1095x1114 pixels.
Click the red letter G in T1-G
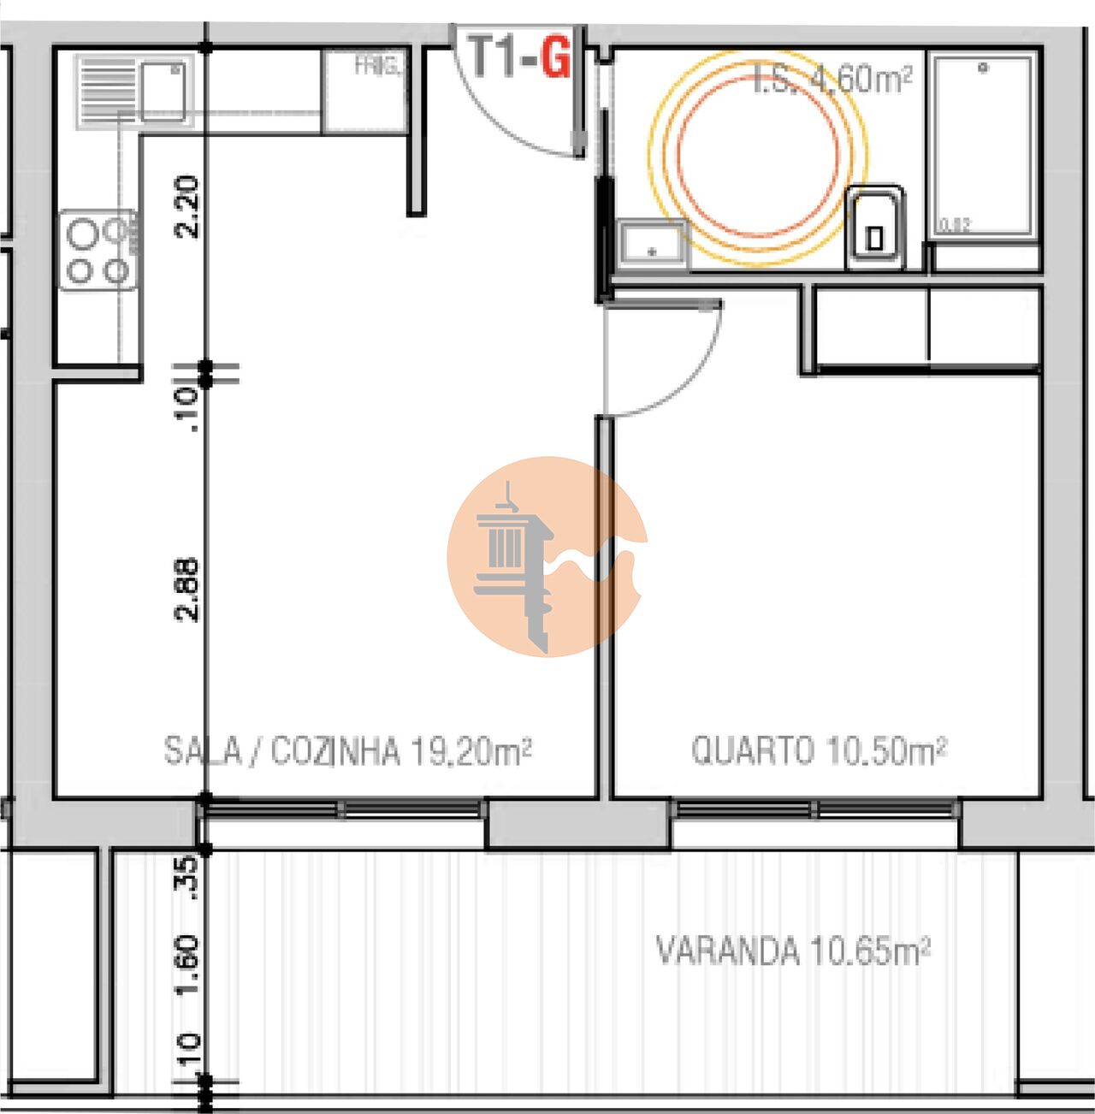point(555,57)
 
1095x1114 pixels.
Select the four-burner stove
point(98,251)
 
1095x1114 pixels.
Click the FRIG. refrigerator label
point(376,66)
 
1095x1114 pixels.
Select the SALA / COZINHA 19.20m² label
point(348,751)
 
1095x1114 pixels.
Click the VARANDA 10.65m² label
point(793,950)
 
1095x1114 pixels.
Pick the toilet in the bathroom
point(874,228)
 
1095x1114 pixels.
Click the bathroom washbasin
point(653,243)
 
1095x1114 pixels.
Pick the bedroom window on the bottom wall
point(814,809)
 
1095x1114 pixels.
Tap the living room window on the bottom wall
point(342,809)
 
